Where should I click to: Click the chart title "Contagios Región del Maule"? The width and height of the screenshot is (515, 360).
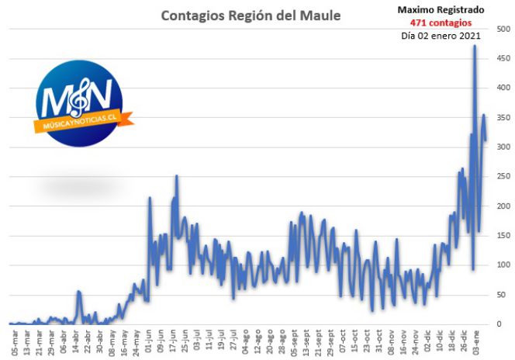251,16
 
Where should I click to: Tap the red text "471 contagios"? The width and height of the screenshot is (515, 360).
441,22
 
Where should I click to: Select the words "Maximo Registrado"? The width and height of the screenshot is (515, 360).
441,10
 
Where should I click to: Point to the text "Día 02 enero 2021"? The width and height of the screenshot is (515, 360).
441,36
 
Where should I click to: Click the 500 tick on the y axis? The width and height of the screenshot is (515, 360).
503,29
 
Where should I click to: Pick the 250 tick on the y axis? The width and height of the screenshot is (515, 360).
503,176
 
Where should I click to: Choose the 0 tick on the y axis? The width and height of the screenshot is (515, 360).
499,324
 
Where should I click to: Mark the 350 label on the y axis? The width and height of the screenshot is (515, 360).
503,118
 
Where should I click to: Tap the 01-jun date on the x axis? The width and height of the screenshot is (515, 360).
148,342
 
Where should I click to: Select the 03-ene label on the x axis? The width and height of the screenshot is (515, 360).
476,342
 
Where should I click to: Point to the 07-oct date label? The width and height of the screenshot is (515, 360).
343,342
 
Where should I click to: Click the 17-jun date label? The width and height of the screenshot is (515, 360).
172,342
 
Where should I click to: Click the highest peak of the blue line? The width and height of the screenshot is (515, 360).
475,46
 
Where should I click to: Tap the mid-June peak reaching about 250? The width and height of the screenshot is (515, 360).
177,175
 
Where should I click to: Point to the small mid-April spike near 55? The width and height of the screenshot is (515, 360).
78,292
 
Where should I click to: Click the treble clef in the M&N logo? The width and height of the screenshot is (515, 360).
80,97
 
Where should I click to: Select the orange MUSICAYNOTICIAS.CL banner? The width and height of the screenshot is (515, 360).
84,122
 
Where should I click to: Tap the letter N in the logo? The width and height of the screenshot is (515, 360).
99,95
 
